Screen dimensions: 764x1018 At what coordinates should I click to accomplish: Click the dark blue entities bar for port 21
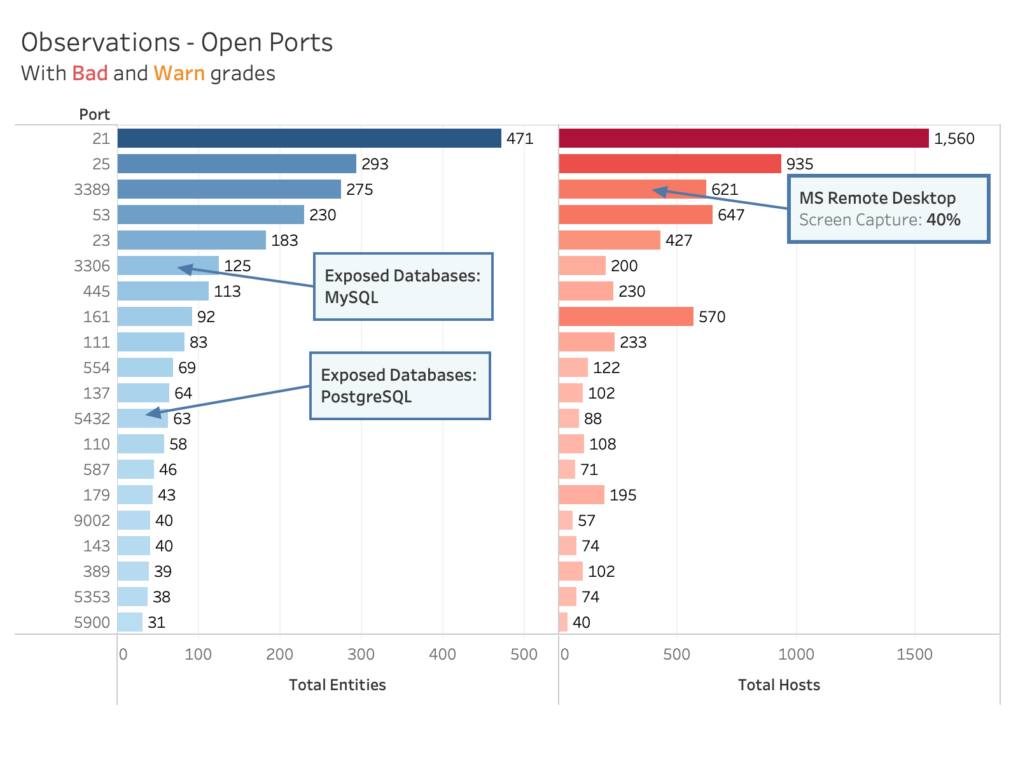tap(309, 138)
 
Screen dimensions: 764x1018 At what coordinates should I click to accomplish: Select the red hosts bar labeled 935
tap(669, 164)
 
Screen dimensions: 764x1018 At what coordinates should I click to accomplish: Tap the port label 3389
tap(92, 189)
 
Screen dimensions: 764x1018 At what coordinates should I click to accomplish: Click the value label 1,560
tap(954, 138)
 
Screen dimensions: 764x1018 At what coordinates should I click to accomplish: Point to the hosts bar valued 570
tap(626, 316)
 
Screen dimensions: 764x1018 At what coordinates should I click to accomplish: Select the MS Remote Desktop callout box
tap(888, 209)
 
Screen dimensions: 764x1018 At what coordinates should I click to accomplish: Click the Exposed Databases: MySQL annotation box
tap(403, 286)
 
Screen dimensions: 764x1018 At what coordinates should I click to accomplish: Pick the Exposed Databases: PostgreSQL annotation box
tap(400, 386)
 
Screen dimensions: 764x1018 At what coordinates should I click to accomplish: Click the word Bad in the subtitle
tap(90, 73)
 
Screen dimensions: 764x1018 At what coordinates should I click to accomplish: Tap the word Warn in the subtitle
tap(179, 73)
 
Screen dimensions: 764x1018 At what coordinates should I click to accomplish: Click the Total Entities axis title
tap(337, 685)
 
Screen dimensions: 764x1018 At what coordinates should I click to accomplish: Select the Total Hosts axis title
tap(779, 685)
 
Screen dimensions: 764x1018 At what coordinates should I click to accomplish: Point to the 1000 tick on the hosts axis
tap(796, 654)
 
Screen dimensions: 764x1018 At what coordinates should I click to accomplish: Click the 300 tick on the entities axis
tap(361, 654)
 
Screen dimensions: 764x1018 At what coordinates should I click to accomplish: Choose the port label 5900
tap(92, 622)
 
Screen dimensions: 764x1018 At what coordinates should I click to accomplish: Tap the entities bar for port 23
tap(192, 240)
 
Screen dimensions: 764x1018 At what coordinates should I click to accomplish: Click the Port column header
tap(94, 115)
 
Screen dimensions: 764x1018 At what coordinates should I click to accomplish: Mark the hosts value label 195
tap(622, 495)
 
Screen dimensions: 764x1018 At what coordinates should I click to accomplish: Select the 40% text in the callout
tap(944, 220)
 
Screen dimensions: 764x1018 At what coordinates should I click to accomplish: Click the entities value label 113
tap(227, 291)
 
